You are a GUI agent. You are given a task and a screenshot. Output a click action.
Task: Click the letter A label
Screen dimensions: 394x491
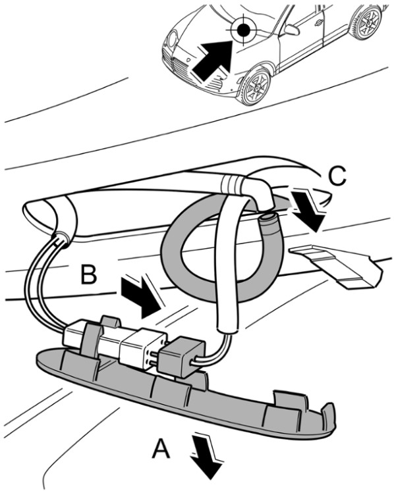(x=161, y=448)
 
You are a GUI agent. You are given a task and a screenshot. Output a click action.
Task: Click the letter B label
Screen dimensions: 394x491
(x=88, y=274)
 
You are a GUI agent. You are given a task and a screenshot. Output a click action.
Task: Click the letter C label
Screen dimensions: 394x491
(x=337, y=175)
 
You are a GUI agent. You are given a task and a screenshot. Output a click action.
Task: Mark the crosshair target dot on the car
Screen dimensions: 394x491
(x=243, y=30)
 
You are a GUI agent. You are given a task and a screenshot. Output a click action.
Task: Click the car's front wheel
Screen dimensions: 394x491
(x=256, y=86)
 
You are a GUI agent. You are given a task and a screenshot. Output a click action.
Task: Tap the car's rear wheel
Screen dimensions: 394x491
(x=368, y=21)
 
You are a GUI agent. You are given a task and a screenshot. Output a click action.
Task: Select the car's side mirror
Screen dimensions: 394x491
(x=292, y=30)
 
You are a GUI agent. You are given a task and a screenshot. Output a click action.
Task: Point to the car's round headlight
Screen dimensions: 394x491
(x=173, y=39)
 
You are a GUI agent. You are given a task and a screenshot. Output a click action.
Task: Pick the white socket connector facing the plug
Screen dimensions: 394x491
(x=143, y=348)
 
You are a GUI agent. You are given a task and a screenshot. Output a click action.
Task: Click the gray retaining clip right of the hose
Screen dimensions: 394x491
(x=337, y=265)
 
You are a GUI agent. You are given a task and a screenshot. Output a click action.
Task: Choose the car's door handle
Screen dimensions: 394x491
(x=318, y=21)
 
